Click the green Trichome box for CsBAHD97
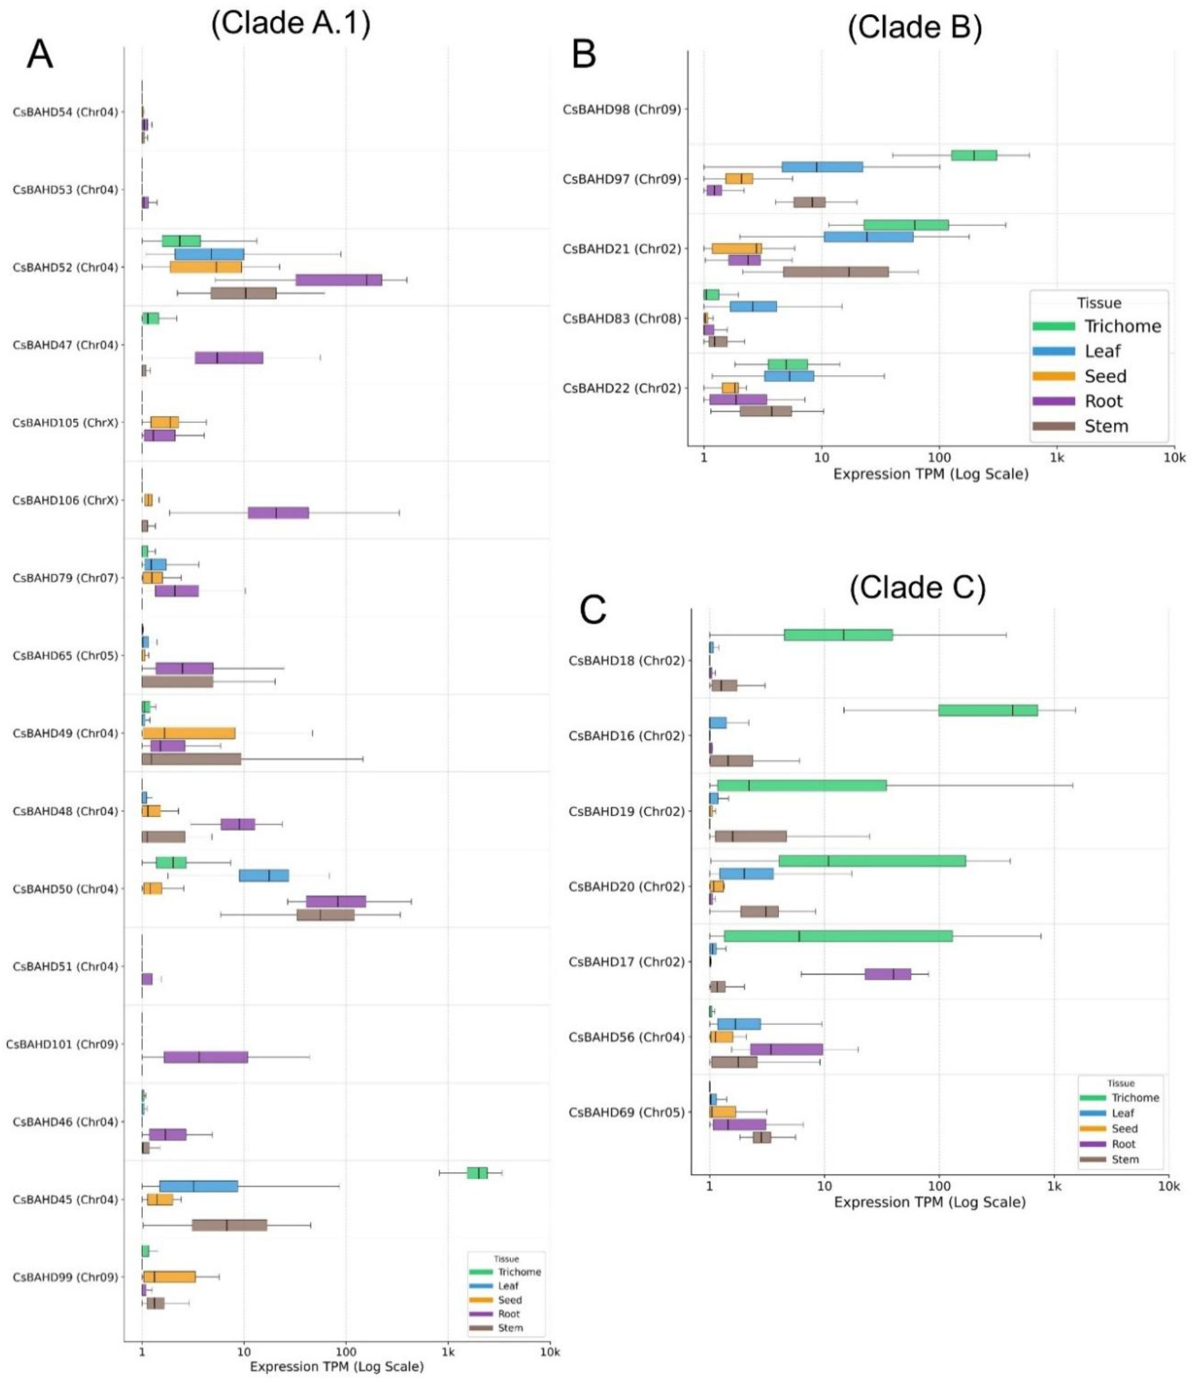974,155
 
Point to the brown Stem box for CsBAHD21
835,271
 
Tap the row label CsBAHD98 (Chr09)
621,110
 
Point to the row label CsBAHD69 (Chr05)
626,1112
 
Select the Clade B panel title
914,28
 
